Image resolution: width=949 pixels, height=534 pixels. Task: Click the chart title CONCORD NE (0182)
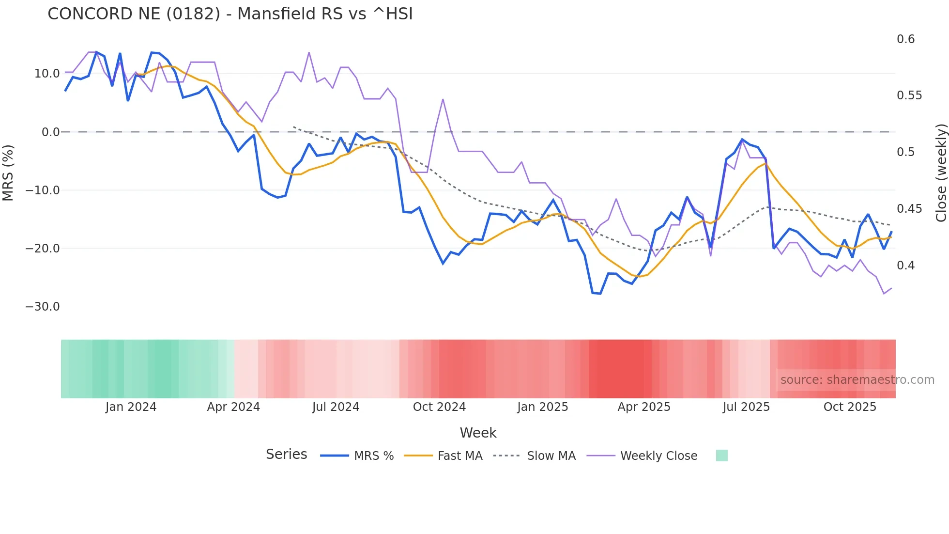click(230, 14)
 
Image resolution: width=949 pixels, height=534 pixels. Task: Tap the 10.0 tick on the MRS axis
click(47, 74)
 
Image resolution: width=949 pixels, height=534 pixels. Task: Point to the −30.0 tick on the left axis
click(43, 307)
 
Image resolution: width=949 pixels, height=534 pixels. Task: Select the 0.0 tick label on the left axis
click(50, 132)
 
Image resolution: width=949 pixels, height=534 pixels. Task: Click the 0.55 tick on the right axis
click(909, 95)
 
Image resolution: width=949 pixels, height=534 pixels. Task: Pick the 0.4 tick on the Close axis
click(905, 266)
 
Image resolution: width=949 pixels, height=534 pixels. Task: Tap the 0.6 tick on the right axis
click(905, 39)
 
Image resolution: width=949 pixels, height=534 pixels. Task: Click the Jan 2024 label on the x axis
click(131, 407)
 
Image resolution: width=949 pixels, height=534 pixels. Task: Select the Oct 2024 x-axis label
click(439, 407)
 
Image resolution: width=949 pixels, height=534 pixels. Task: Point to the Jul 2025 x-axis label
click(746, 407)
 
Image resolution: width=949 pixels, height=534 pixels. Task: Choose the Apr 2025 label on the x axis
click(644, 407)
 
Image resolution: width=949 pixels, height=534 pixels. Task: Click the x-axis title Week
click(478, 433)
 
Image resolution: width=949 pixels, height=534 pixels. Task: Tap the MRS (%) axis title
click(8, 173)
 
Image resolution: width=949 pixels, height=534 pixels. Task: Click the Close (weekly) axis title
click(941, 173)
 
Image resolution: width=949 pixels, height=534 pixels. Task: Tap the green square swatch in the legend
click(721, 455)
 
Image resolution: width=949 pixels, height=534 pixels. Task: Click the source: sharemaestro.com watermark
click(857, 380)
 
